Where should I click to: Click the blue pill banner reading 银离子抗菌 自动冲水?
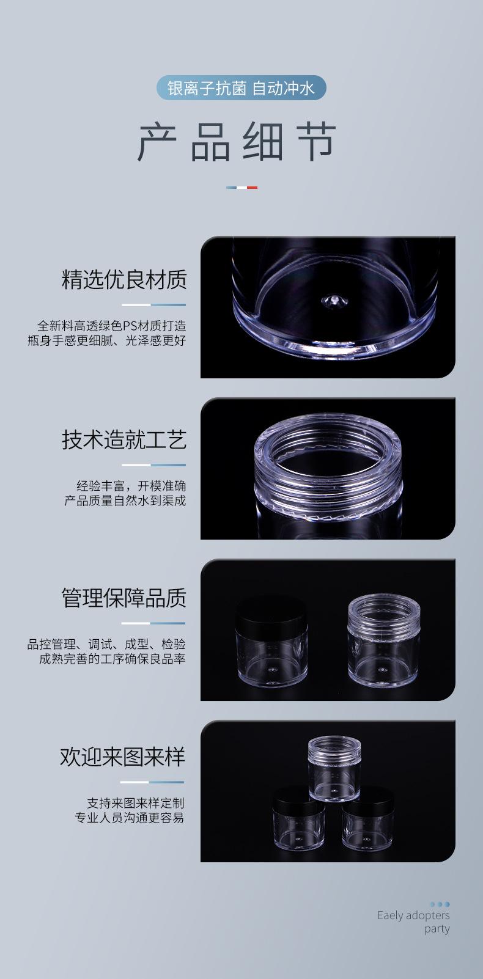[241, 89]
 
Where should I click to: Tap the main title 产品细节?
[237, 142]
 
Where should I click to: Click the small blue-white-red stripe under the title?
[242, 188]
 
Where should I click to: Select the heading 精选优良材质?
[124, 279]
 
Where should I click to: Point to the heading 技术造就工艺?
[124, 439]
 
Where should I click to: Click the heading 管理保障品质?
[124, 598]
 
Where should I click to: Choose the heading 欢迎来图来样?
[122, 757]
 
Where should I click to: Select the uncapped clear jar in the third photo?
[375, 639]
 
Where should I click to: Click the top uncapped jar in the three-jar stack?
[334, 768]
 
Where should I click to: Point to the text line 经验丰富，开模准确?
[131, 486]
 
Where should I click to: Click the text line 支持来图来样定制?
[135, 803]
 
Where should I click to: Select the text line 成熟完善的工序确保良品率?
[112, 659]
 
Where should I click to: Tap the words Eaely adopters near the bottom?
[413, 915]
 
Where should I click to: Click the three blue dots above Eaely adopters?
[440, 904]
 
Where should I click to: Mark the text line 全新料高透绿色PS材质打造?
[111, 326]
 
